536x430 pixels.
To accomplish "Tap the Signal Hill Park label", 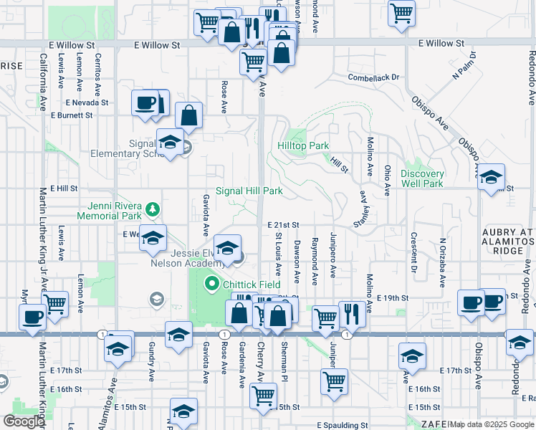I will point(249,191).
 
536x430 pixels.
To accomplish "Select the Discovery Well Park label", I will point(422,178).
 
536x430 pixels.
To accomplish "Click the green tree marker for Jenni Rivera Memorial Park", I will point(151,209).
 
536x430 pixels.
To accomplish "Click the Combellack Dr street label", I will point(373,77).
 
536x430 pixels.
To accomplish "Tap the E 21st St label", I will point(283,225).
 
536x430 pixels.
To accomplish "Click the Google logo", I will point(24,421).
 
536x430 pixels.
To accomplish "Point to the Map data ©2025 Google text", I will point(492,424).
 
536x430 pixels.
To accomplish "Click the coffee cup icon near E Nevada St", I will point(145,103).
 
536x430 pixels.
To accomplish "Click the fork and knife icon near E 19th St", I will point(351,313).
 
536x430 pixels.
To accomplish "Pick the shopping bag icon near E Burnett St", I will point(189,115).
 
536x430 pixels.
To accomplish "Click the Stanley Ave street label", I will point(365,211).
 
